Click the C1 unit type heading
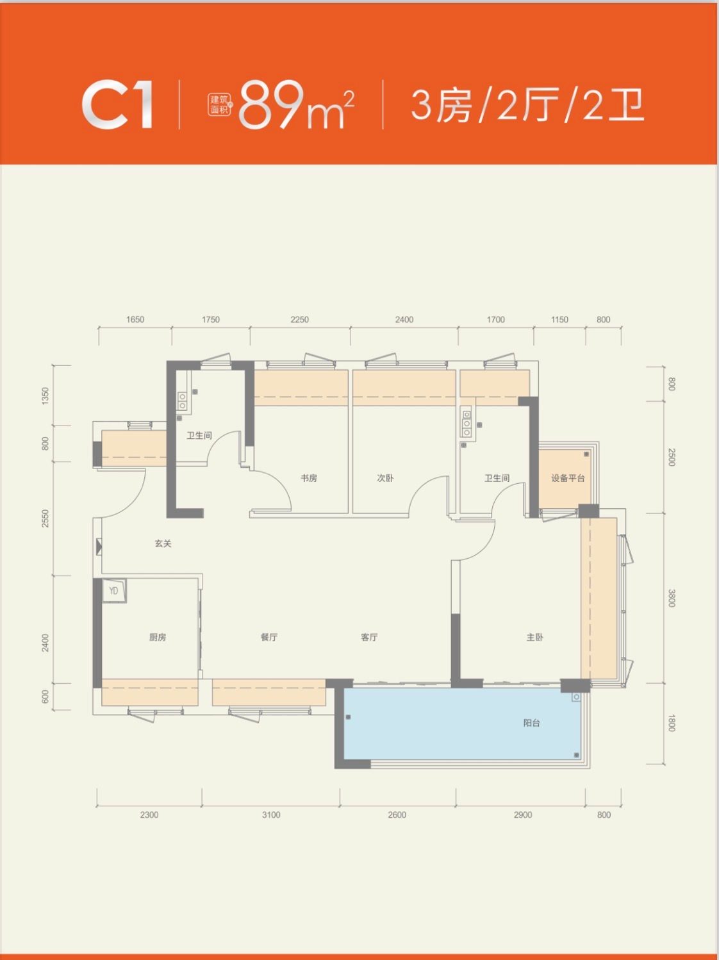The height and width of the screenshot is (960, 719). pos(117,105)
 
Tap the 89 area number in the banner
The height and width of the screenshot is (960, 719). pos(271,105)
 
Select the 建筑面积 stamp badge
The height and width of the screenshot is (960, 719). pos(220,105)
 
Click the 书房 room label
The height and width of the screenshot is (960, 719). pos(309,478)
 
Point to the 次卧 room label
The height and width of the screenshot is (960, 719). pos(385,478)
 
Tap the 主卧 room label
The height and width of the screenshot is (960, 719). pos(534,637)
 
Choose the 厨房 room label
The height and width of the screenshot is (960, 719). pos(158,637)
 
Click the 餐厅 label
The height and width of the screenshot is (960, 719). pos(269,637)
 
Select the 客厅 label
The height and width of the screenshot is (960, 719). pos(370,637)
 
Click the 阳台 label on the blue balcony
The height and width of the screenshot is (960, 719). pos(531,723)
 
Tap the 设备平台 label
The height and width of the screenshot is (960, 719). pos(568,478)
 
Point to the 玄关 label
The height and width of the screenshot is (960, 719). pos(163,543)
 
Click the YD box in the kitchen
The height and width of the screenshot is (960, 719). pos(114,591)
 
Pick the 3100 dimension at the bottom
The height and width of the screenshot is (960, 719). pos(271,815)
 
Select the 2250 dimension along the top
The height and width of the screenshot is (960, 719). pos(300,320)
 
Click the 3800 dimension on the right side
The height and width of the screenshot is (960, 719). pos(672,598)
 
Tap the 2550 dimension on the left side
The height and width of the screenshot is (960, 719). pos(45,518)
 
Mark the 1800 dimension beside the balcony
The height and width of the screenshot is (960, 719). pos(672,722)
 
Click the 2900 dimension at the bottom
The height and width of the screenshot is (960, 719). pos(523,815)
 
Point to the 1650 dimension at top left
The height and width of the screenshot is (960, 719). pos(135,320)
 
